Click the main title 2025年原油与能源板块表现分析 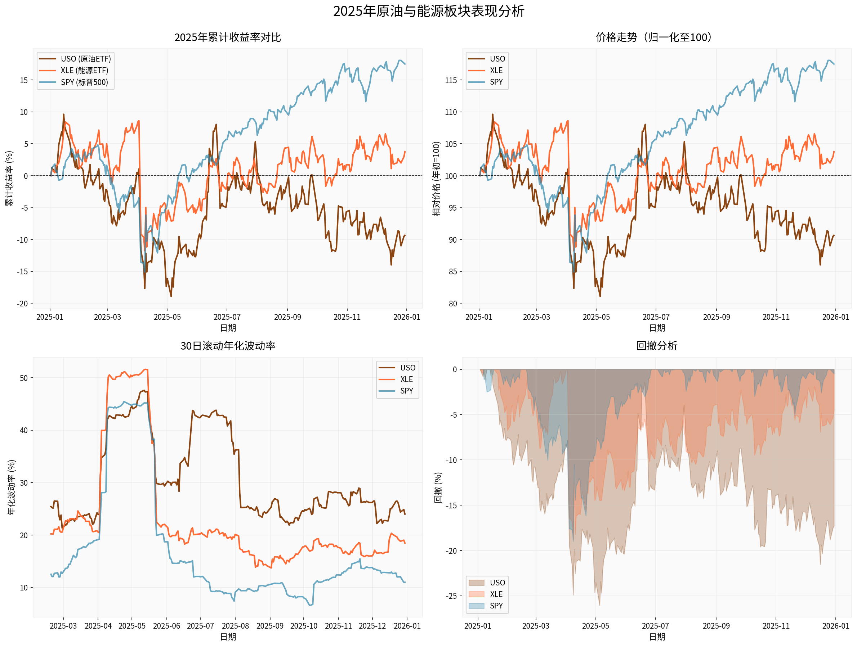(429, 11)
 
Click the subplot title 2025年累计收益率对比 (227, 37)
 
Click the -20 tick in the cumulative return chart (22, 304)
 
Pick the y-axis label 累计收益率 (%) (9, 178)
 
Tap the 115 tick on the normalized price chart (451, 81)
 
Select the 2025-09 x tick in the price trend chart (717, 317)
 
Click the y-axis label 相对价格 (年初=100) (437, 178)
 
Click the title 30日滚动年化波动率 (227, 346)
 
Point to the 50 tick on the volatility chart (24, 378)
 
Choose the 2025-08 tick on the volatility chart (235, 626)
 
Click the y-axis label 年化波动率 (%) (12, 487)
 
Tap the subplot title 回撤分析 (656, 346)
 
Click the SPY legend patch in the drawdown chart (476, 606)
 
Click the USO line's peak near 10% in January (63, 114)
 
